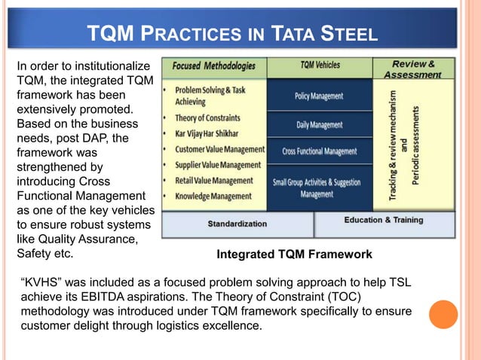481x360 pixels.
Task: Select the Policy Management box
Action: (x=319, y=96)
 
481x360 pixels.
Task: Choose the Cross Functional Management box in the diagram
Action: (x=319, y=151)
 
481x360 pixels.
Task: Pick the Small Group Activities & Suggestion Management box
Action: (x=319, y=188)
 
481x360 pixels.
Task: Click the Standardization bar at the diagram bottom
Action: (x=237, y=224)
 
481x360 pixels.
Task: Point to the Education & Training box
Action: (x=384, y=221)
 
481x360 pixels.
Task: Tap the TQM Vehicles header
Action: (x=320, y=66)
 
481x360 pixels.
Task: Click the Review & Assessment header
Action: (x=412, y=69)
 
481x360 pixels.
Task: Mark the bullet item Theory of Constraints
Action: (x=207, y=118)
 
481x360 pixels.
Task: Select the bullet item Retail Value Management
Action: (x=215, y=181)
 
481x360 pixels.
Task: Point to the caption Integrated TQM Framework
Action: (x=294, y=255)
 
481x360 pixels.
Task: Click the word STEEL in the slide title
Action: (x=345, y=34)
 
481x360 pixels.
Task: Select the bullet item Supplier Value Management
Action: (x=218, y=165)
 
